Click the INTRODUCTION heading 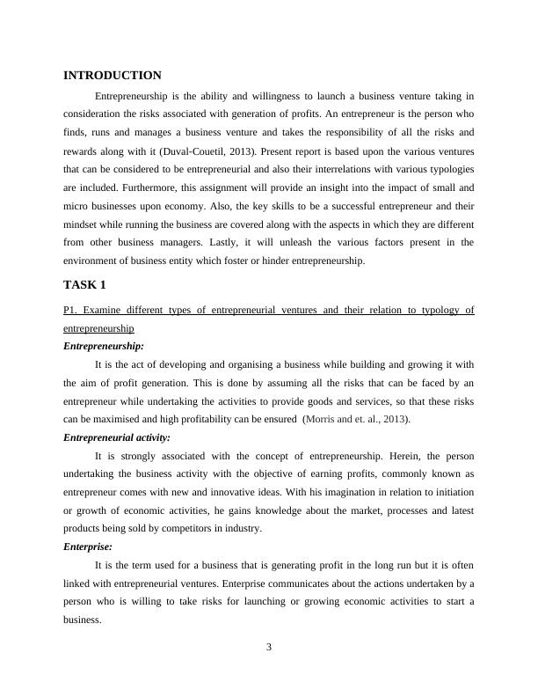(113, 76)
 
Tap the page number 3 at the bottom (269, 648)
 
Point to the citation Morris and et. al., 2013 (355, 420)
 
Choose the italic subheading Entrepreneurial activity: (117, 437)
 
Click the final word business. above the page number (83, 619)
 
